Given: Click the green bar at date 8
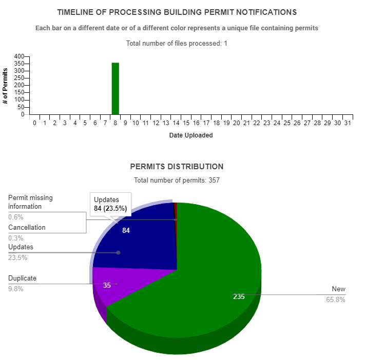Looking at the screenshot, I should click(x=116, y=89).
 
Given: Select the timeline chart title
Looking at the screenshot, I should click(x=177, y=12).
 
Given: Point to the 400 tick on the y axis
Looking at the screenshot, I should click(x=19, y=56).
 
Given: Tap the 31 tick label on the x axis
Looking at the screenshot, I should click(x=348, y=124).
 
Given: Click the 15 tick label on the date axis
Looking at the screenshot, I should click(x=186, y=124).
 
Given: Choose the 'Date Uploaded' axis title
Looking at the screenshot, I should click(x=191, y=136).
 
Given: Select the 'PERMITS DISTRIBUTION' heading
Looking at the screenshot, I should click(x=177, y=167).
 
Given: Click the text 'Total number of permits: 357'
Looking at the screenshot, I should click(x=177, y=180).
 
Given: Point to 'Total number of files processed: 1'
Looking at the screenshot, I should click(x=177, y=44).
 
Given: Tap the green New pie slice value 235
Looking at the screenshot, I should click(x=239, y=296).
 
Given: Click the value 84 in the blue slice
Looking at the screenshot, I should click(x=126, y=231).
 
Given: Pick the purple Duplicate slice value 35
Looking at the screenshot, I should click(x=107, y=285).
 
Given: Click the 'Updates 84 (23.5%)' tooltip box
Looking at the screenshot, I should click(x=110, y=204).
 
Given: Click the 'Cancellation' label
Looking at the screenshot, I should click(x=27, y=227).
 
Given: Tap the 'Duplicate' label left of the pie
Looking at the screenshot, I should click(x=22, y=278).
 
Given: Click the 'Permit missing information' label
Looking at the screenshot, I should click(x=30, y=202).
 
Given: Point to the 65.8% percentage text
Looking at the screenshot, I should click(x=336, y=299).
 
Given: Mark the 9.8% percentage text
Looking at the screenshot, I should click(x=15, y=289).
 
